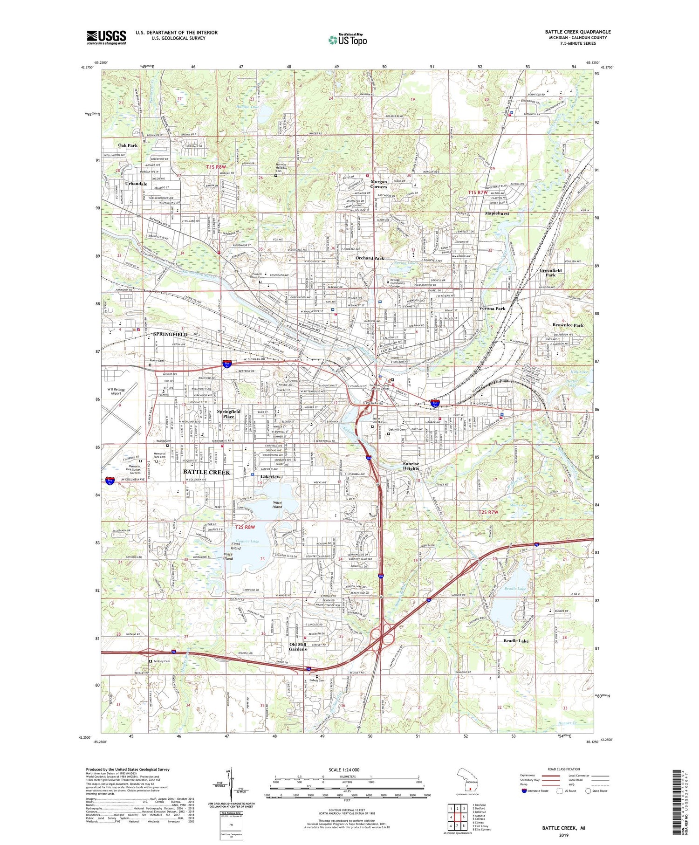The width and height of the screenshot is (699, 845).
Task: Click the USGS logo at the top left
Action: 106,37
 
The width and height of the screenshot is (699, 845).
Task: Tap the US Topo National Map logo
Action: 347,40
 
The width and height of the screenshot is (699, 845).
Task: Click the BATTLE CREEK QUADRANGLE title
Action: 578,32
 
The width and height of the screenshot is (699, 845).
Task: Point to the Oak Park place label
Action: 128,145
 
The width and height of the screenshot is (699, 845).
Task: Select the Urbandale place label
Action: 136,184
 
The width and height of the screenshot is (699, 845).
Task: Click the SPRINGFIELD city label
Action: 170,335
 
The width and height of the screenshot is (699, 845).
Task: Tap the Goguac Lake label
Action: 247,541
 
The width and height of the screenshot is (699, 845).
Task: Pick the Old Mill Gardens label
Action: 298,646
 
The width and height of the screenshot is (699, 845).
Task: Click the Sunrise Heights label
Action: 411,466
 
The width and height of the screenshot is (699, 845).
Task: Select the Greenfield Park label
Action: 550,273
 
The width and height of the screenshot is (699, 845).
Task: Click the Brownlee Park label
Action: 568,325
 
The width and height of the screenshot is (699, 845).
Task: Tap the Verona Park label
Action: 492,309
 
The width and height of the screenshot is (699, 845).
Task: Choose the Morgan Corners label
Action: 378,184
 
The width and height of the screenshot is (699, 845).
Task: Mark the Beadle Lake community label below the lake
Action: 516,641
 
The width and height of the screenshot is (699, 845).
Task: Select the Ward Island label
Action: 277,505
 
